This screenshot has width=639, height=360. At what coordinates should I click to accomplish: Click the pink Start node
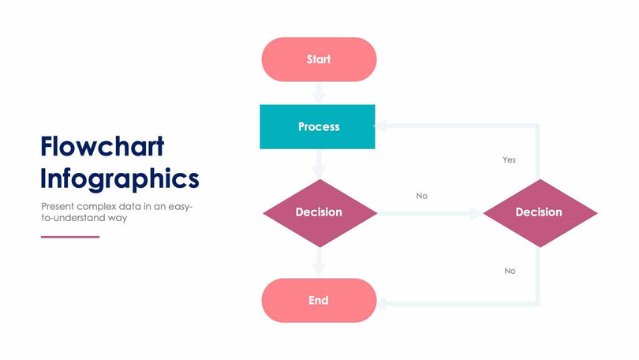tap(319, 59)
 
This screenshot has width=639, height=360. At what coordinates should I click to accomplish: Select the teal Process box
tap(318, 126)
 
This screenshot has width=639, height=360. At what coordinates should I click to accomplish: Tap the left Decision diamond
tap(319, 212)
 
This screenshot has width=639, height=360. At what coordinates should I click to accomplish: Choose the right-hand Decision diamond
tap(539, 212)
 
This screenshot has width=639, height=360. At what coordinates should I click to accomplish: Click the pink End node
tap(319, 301)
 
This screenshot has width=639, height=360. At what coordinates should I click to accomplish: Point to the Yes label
tap(509, 160)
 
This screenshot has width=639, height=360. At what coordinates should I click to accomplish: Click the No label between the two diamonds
tap(422, 196)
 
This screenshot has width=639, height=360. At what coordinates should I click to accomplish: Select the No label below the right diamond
tap(510, 271)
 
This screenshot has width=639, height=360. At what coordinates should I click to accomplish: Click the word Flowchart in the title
tap(103, 147)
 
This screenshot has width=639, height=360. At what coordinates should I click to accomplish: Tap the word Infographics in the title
tap(120, 178)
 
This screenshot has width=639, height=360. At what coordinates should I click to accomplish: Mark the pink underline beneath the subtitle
tap(70, 236)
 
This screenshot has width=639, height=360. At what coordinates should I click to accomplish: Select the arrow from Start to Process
tap(319, 93)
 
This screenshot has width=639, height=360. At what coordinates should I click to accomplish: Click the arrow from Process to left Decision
tap(319, 164)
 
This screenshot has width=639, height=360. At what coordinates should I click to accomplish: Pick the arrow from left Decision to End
tap(319, 262)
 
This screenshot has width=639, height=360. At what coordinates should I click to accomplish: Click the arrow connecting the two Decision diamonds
tap(430, 212)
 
